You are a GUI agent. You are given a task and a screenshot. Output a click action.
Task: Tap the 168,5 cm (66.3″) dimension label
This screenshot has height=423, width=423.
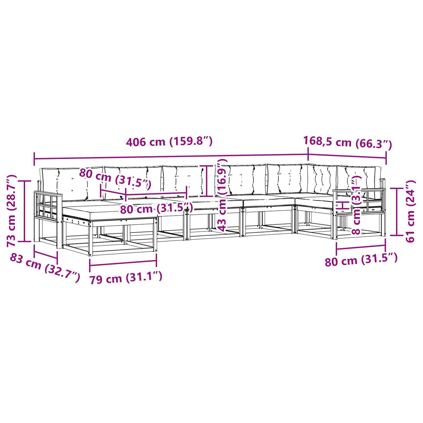coord(348,143)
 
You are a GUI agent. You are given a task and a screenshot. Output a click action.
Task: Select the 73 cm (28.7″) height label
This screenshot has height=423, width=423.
coord(12,211)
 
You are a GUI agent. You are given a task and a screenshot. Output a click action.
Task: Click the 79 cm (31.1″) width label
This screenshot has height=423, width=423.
coord(126,278)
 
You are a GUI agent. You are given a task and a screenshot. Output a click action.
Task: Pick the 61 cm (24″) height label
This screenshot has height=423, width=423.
coord(410,211)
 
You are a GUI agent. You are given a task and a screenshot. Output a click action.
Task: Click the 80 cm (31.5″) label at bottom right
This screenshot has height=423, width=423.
coord(361,259)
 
